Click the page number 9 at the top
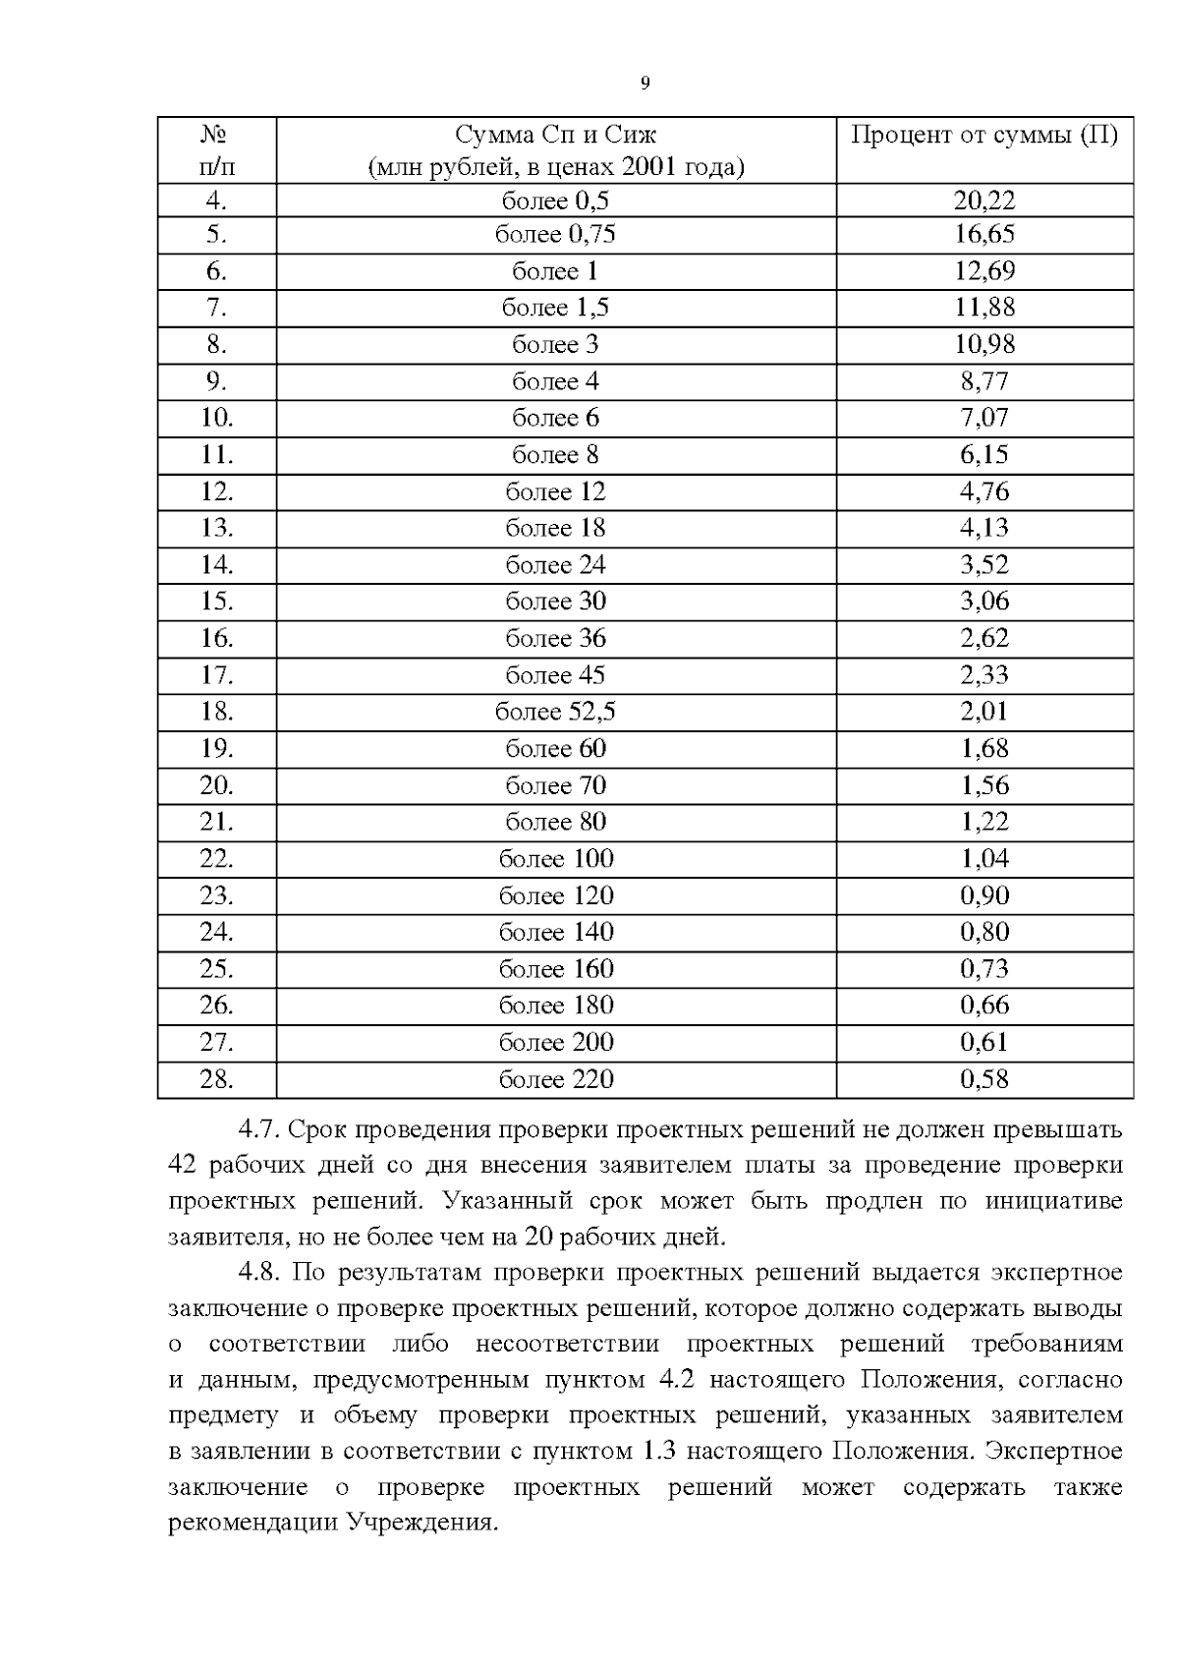pyautogui.click(x=645, y=84)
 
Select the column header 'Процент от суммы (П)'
pyautogui.click(x=983, y=135)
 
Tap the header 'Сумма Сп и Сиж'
pyautogui.click(x=555, y=135)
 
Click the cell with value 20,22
pyautogui.click(x=983, y=201)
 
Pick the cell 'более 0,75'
pyautogui.click(x=555, y=234)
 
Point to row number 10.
pyautogui.click(x=216, y=418)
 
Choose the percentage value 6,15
pyautogui.click(x=983, y=454)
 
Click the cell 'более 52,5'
pyautogui.click(x=555, y=712)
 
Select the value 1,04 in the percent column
pyautogui.click(x=983, y=859)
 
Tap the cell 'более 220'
pyautogui.click(x=555, y=1079)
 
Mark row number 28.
pyautogui.click(x=216, y=1079)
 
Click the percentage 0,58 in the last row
pyautogui.click(x=983, y=1079)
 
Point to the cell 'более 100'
pyautogui.click(x=555, y=859)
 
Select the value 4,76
pyautogui.click(x=983, y=491)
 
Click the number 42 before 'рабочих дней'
pyautogui.click(x=184, y=1166)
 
